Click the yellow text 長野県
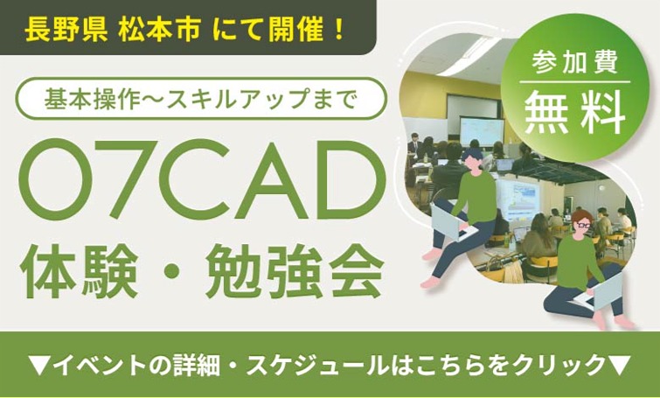tap(66, 31)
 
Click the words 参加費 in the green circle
tap(574, 63)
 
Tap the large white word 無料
tap(574, 114)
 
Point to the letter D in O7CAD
tap(344, 180)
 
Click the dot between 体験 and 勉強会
tap(172, 273)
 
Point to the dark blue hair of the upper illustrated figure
tap(473, 155)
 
